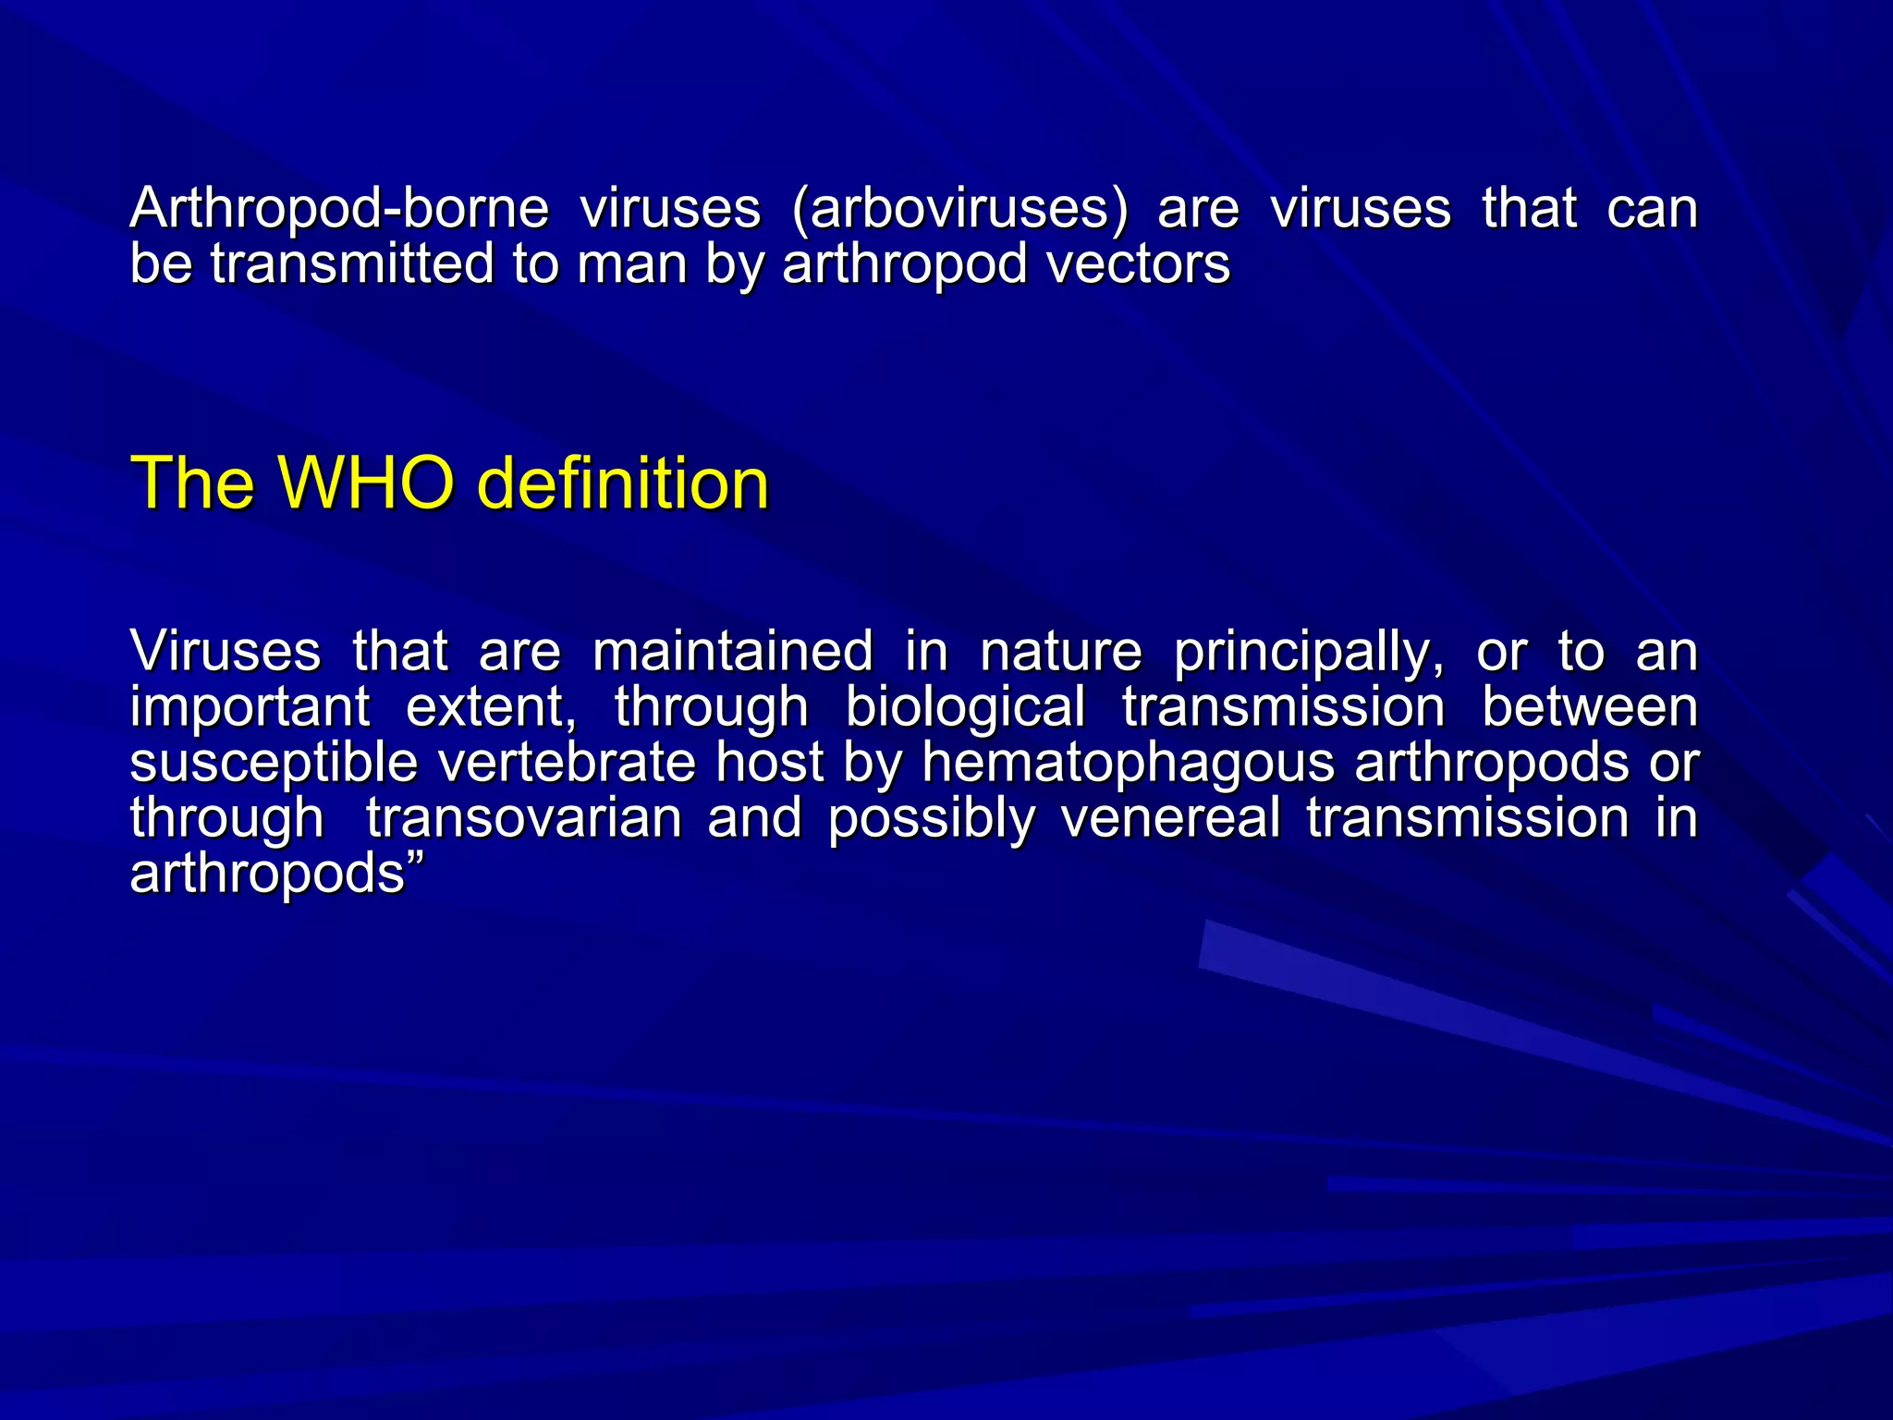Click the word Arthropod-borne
(339, 209)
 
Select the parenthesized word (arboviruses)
(960, 209)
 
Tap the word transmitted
(352, 264)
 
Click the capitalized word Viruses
(226, 651)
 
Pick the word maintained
(732, 651)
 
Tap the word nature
(1061, 651)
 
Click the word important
(250, 707)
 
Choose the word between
(1590, 707)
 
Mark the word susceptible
(274, 765)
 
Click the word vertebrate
(566, 763)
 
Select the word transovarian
(524, 819)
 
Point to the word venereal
(1171, 819)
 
